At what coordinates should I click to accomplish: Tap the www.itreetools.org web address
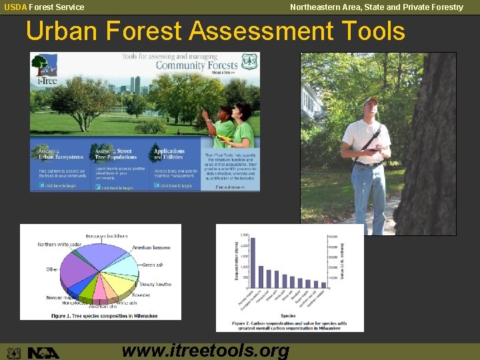[x=206, y=350]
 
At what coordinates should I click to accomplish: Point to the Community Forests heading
[x=196, y=65]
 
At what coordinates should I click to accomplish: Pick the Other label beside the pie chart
[x=52, y=269]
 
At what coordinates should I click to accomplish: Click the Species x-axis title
[x=287, y=315]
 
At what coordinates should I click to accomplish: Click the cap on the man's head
[x=370, y=100]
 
